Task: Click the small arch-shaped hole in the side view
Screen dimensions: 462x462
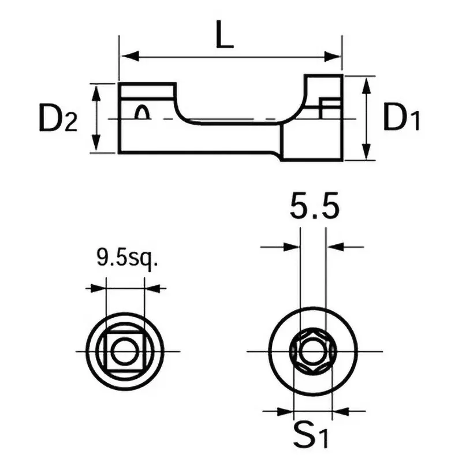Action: tap(142, 113)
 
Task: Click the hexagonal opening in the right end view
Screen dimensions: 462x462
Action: tap(312, 352)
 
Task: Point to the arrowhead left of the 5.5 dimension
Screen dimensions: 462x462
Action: tap(292, 247)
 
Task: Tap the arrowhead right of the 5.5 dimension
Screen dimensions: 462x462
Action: tap(334, 247)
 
